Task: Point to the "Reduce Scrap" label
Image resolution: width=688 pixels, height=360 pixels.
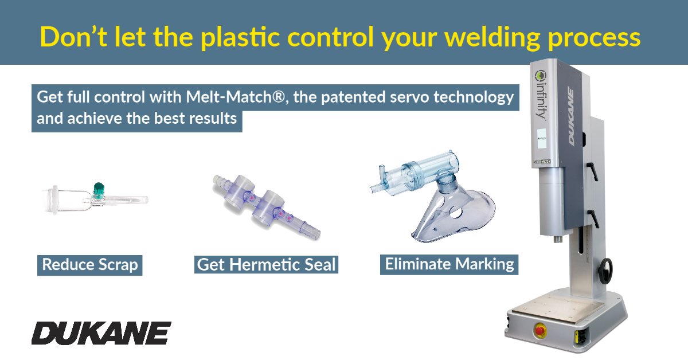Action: pyautogui.click(x=90, y=265)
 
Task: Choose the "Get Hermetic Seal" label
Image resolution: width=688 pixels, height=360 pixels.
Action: pyautogui.click(x=266, y=265)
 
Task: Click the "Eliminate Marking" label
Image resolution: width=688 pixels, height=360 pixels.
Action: pyautogui.click(x=449, y=264)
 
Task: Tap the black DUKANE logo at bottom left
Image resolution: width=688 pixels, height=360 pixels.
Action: pyautogui.click(x=101, y=333)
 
